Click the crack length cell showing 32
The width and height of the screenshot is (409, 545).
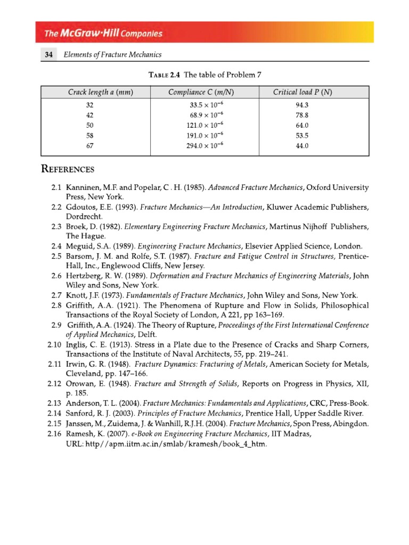click(89, 105)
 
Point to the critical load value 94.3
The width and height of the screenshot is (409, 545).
click(302, 105)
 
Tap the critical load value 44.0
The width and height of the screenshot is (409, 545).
click(302, 145)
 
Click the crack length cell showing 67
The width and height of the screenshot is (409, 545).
click(89, 145)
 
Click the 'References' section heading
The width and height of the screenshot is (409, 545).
click(68, 170)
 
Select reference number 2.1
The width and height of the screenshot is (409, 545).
click(57, 188)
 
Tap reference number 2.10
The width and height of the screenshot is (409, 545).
click(55, 344)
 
